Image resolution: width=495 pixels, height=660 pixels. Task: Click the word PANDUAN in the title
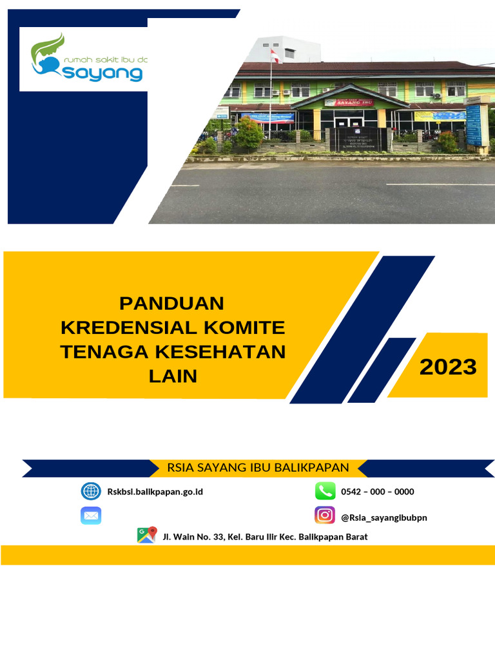click(x=172, y=303)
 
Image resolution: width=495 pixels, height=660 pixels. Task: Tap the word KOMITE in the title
click(x=244, y=327)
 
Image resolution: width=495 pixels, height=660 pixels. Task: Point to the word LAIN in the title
click(x=173, y=376)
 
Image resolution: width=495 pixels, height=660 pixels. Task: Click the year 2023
click(x=448, y=367)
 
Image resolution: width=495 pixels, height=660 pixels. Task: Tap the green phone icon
click(x=325, y=491)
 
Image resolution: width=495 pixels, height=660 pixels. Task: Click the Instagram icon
click(x=325, y=516)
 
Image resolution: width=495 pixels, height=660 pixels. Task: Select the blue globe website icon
click(x=91, y=491)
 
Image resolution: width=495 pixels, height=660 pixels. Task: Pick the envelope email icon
click(x=91, y=516)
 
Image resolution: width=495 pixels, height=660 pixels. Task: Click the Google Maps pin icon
click(x=146, y=535)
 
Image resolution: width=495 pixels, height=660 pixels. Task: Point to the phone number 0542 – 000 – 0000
click(x=377, y=492)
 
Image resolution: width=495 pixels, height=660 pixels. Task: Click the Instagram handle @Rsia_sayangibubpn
click(x=383, y=517)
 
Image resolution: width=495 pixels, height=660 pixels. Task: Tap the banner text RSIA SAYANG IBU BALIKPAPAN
click(x=258, y=467)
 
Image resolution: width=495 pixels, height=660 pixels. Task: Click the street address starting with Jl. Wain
click(x=265, y=536)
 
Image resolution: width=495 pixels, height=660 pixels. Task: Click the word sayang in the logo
click(x=103, y=72)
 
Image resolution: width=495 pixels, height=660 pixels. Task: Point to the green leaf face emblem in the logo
click(x=49, y=55)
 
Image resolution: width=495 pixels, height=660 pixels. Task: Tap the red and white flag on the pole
click(x=275, y=55)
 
